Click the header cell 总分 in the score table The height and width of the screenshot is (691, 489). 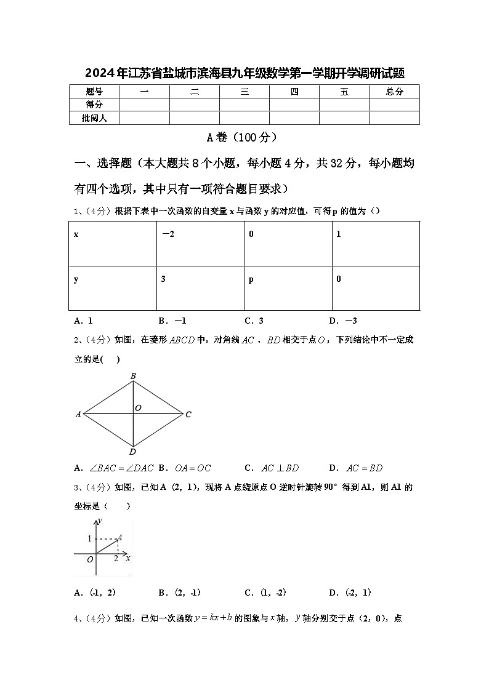(x=394, y=92)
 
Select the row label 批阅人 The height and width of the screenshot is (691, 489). (x=94, y=118)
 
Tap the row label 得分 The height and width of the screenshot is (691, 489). (x=94, y=105)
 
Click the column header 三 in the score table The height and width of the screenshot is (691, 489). (x=244, y=92)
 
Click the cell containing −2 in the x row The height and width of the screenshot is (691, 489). (x=200, y=244)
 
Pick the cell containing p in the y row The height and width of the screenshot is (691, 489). (x=288, y=288)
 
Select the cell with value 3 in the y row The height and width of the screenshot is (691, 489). (x=200, y=288)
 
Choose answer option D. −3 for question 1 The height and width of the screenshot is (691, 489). (x=343, y=321)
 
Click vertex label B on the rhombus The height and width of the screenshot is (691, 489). (x=133, y=375)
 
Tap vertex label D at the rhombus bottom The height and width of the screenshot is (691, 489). (x=133, y=452)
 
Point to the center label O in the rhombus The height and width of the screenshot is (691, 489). (x=138, y=408)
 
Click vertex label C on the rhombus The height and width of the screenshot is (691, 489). (x=188, y=415)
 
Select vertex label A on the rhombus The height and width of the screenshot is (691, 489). (x=78, y=415)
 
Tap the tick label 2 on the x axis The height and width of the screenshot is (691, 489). (x=116, y=558)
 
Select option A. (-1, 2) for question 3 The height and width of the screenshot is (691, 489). (x=95, y=593)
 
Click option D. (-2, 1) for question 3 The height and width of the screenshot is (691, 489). (x=350, y=593)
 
